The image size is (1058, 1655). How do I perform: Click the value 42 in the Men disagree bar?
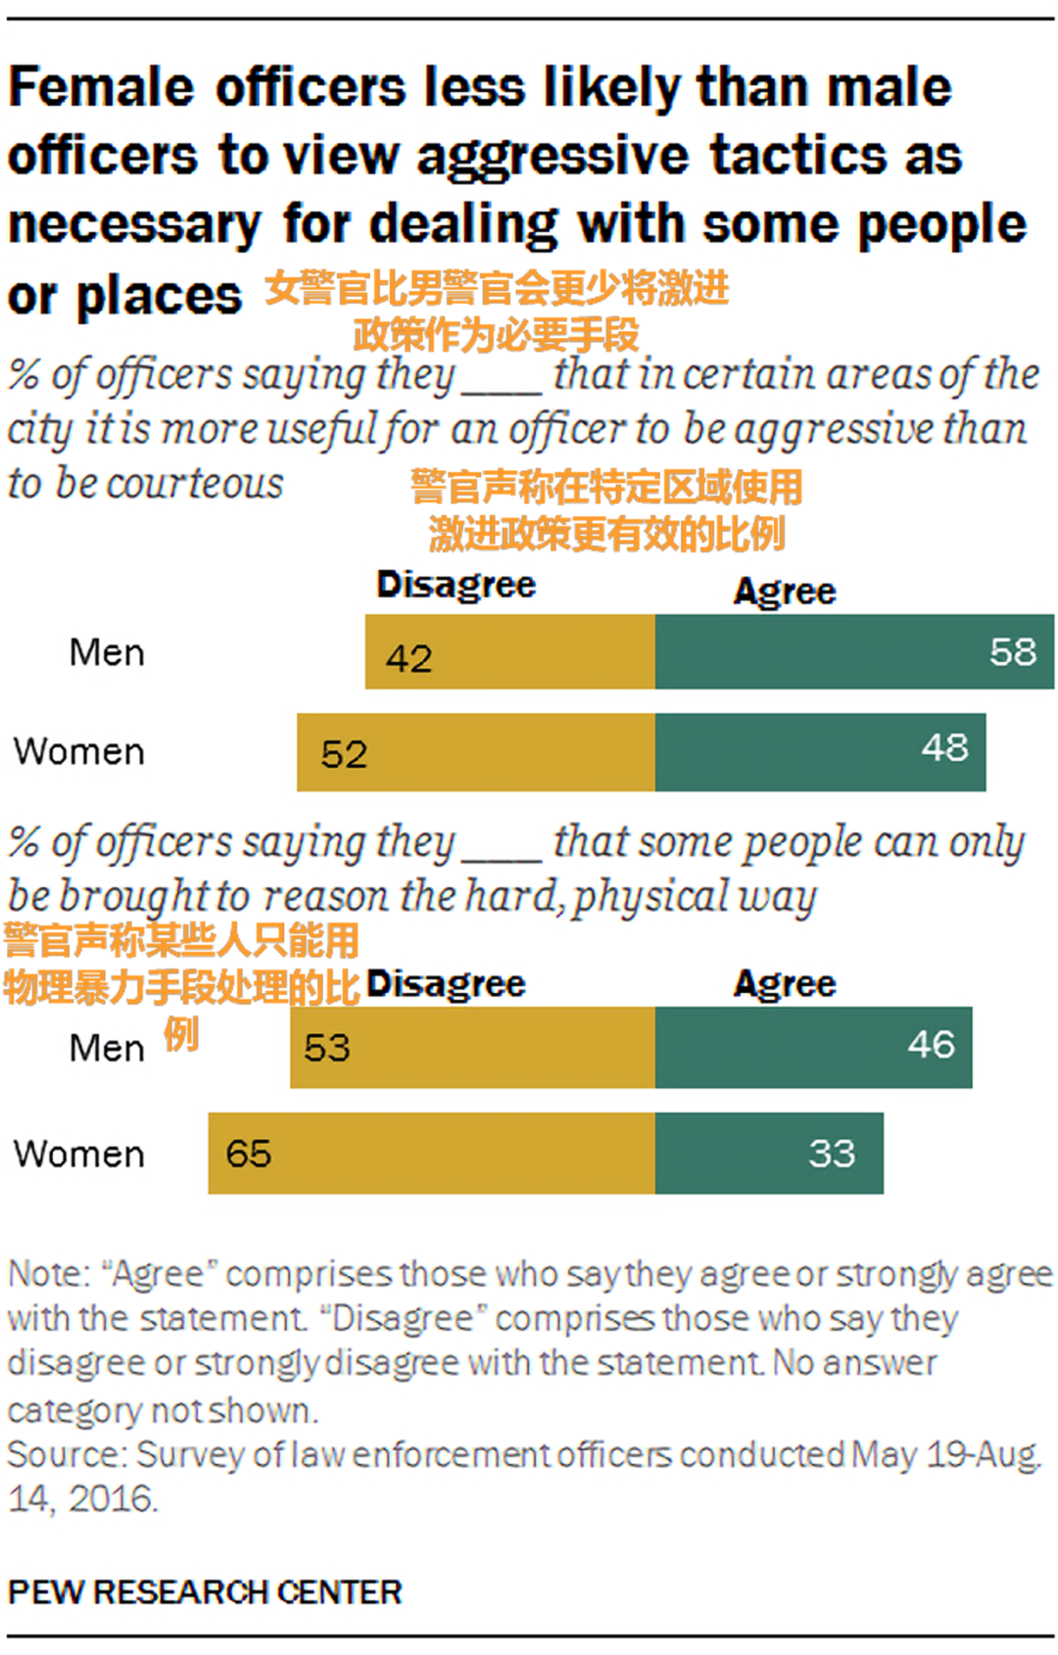tap(409, 658)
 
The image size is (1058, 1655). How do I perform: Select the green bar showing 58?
tap(854, 652)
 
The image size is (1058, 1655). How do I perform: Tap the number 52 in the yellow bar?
tap(344, 754)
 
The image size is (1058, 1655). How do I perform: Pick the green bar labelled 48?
tap(820, 752)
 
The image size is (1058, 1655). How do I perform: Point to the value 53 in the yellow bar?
tap(327, 1048)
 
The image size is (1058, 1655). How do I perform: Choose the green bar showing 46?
tap(813, 1047)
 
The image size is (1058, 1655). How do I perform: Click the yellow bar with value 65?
tap(431, 1153)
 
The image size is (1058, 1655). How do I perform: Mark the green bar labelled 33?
tap(769, 1153)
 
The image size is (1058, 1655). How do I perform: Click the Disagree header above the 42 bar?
tap(456, 585)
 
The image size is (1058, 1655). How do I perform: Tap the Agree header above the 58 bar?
tap(785, 591)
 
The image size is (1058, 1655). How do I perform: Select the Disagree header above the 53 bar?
tap(446, 984)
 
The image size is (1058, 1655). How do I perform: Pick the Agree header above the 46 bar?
tap(785, 984)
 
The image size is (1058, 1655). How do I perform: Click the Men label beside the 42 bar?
tap(107, 652)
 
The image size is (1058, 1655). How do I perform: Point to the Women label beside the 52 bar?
tap(79, 752)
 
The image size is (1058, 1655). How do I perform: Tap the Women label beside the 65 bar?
tap(79, 1154)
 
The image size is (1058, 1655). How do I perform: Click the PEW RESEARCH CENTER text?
tap(205, 1592)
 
